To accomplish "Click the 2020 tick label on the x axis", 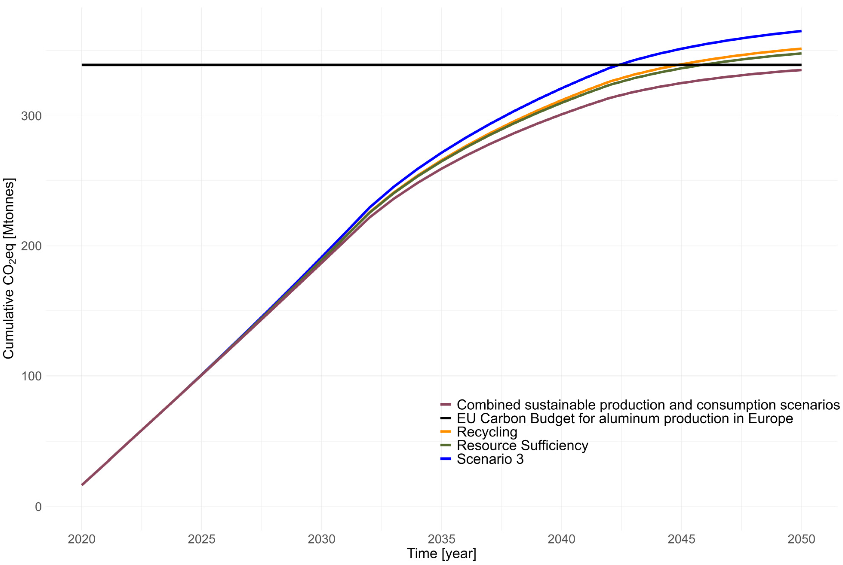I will click(81, 539).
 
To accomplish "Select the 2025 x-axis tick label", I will click(201, 539).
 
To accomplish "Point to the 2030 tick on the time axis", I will click(321, 539).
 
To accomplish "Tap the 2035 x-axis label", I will click(441, 539).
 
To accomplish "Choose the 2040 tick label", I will click(561, 539).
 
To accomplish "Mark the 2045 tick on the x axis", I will click(681, 539).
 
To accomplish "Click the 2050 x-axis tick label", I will click(801, 539).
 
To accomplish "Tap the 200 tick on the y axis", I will click(31, 246).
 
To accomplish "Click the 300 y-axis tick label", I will click(31, 116).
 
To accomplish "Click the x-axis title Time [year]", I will click(441, 553).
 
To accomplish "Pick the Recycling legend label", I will click(487, 432).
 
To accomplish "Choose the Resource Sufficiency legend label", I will click(522, 445).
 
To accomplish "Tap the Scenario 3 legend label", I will click(490, 459).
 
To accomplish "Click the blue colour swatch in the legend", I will click(446, 459).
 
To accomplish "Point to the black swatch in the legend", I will click(446, 418).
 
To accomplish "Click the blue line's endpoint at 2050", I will click(801, 31).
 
